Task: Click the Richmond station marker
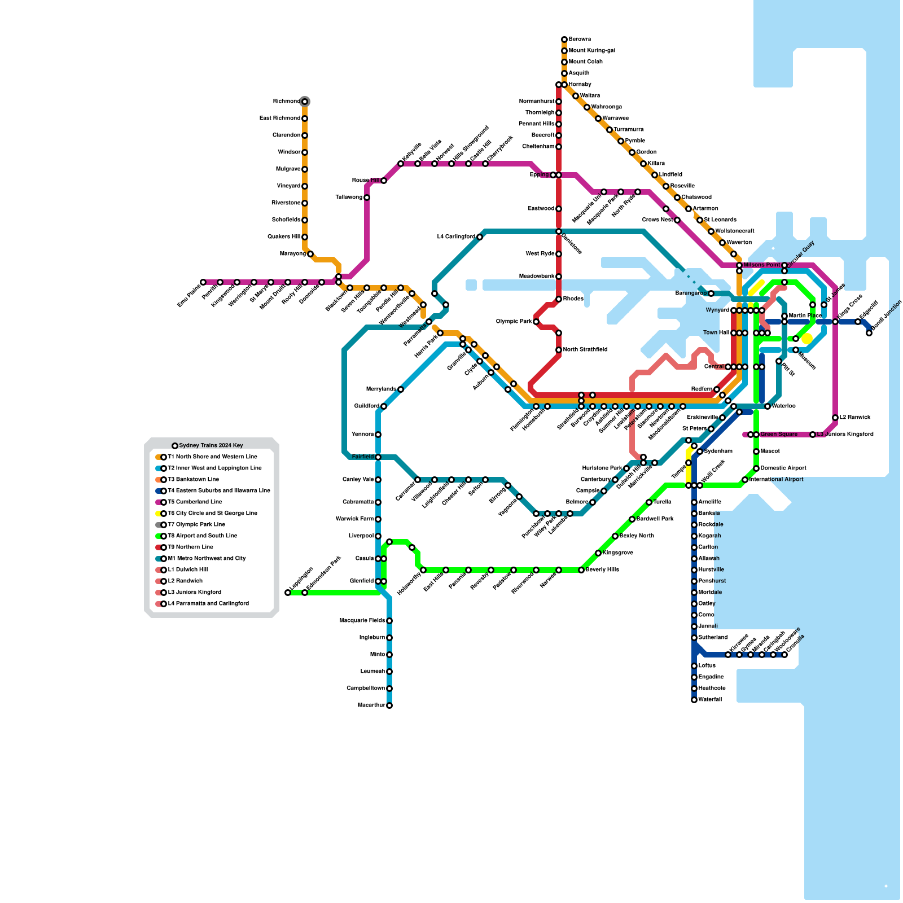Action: click(x=305, y=102)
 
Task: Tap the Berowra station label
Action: click(x=580, y=40)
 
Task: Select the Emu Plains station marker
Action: click(x=203, y=282)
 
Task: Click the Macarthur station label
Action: click(x=371, y=705)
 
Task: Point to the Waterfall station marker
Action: click(x=694, y=700)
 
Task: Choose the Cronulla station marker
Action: click(x=784, y=655)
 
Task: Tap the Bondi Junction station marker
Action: click(x=869, y=333)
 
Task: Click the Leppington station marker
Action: click(x=288, y=593)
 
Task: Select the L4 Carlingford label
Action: click(x=456, y=237)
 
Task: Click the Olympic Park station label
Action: click(x=514, y=322)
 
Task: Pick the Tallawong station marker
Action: click(x=367, y=198)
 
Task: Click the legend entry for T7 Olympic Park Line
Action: click(x=196, y=525)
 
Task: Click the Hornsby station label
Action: click(x=580, y=85)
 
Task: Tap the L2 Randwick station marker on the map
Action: click(x=835, y=418)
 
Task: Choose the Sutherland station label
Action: click(x=713, y=638)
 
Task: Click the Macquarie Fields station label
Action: click(x=362, y=621)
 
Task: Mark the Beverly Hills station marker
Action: click(x=581, y=570)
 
